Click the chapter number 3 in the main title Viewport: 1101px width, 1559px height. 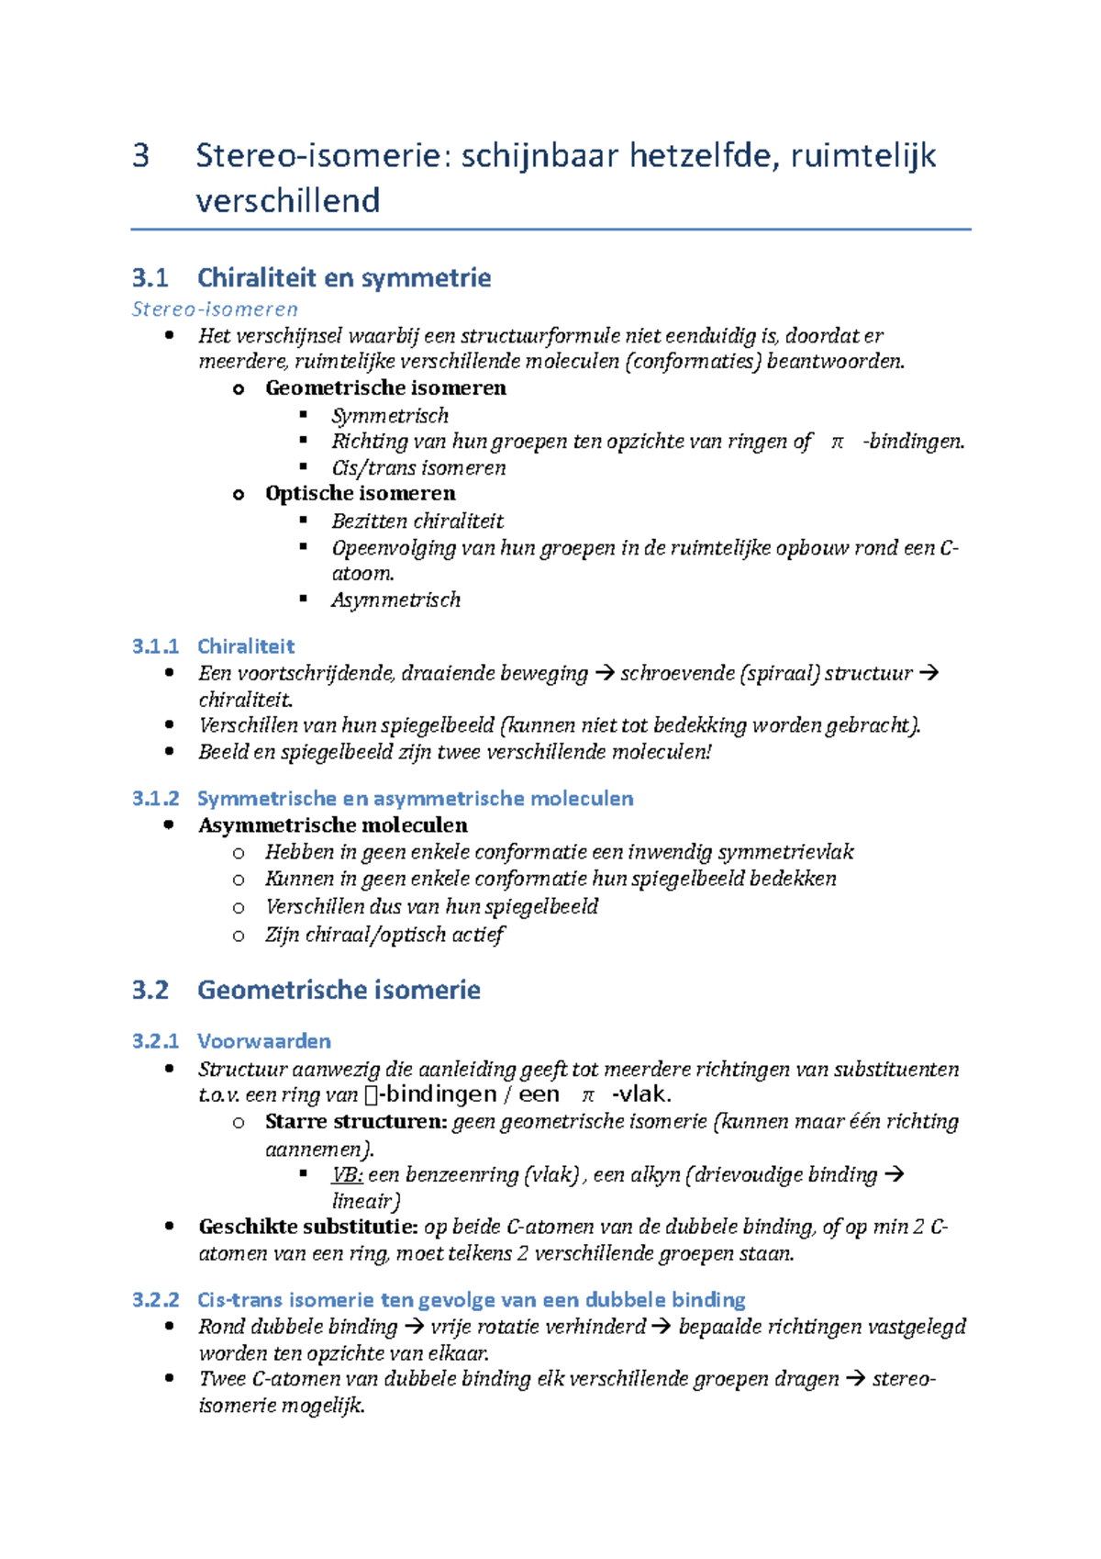click(x=140, y=156)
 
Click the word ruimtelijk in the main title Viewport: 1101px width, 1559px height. click(x=862, y=156)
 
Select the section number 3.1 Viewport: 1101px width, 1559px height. click(x=150, y=277)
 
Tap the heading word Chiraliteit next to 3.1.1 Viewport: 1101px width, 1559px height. click(x=246, y=645)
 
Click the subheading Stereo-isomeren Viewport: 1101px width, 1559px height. click(x=215, y=308)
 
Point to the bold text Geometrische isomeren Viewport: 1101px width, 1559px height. click(x=385, y=387)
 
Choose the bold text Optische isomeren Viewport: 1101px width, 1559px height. click(x=360, y=493)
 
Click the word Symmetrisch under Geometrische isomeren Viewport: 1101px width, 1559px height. click(x=390, y=415)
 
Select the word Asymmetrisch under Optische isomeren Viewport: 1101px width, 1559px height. click(x=395, y=600)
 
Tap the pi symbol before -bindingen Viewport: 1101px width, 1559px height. click(x=836, y=442)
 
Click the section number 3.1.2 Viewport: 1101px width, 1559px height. click(x=155, y=798)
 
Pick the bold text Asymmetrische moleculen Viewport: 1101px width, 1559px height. click(x=332, y=824)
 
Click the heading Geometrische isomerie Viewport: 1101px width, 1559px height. click(x=339, y=990)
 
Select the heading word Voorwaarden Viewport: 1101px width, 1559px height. click(x=263, y=1040)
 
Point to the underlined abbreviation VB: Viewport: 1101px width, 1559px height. click(x=347, y=1174)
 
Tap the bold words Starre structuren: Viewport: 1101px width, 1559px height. click(x=356, y=1121)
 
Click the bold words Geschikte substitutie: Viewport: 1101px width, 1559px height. click(x=308, y=1227)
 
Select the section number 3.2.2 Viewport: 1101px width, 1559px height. click(x=155, y=1299)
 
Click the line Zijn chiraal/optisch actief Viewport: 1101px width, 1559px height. click(x=384, y=935)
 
